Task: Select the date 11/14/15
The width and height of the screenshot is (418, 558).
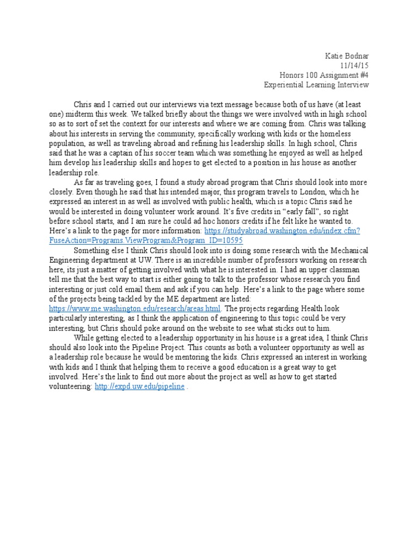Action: click(355, 65)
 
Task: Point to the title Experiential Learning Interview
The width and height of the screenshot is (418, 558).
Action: click(316, 84)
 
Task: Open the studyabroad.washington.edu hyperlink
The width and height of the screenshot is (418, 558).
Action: click(282, 231)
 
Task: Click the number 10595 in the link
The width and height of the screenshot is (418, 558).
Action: click(231, 240)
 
